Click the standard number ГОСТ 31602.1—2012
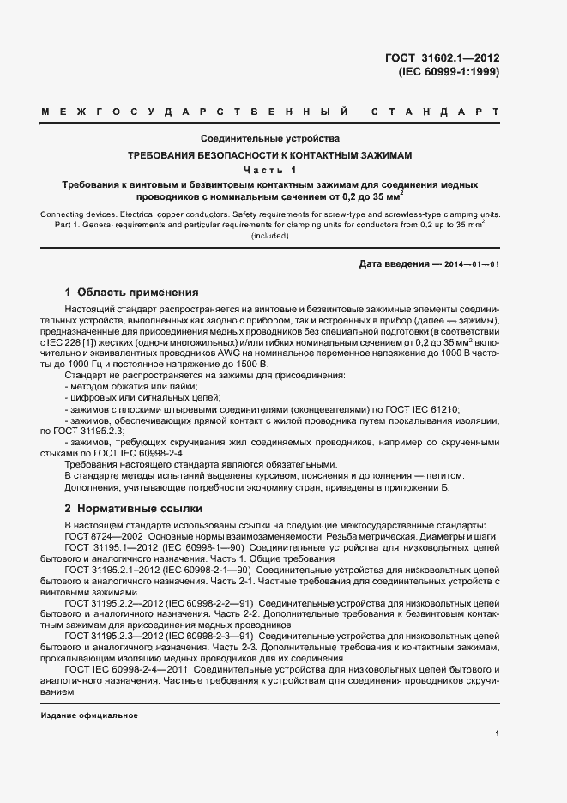(x=443, y=59)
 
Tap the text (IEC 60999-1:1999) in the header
(x=449, y=73)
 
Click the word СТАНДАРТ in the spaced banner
(x=436, y=112)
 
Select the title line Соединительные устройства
(x=270, y=139)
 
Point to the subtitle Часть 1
(x=270, y=170)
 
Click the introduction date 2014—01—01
(x=471, y=264)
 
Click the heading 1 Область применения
(x=132, y=292)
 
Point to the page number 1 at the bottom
(x=498, y=734)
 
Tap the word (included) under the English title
(x=270, y=235)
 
